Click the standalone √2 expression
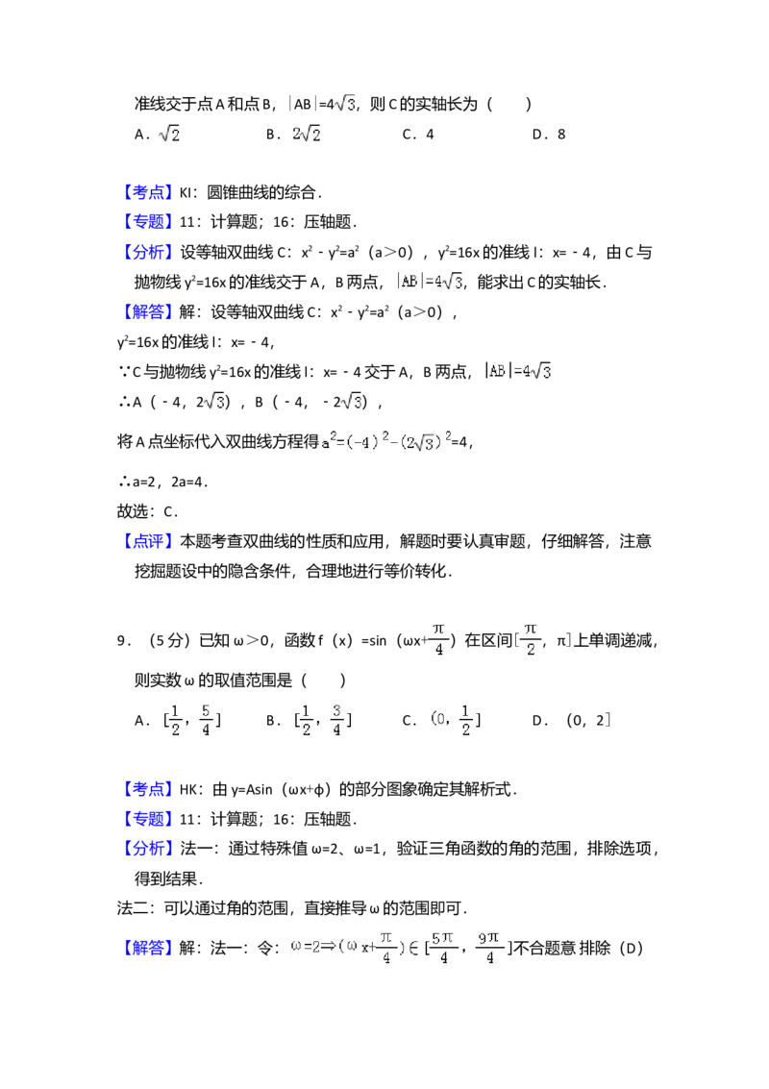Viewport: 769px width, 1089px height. click(x=168, y=136)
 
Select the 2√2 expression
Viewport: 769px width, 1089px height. click(x=304, y=136)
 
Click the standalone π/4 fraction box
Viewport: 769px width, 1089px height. click(x=438, y=638)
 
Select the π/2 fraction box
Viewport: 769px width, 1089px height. click(x=530, y=638)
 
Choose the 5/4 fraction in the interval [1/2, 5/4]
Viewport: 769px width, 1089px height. click(x=207, y=720)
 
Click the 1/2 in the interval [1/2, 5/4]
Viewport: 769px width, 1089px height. click(x=174, y=720)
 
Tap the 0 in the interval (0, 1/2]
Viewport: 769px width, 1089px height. click(x=438, y=720)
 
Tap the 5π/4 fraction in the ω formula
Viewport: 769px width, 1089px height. click(x=442, y=946)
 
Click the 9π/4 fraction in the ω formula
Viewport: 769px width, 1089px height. click(x=489, y=946)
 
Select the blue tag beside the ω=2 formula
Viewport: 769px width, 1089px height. click(x=149, y=949)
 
